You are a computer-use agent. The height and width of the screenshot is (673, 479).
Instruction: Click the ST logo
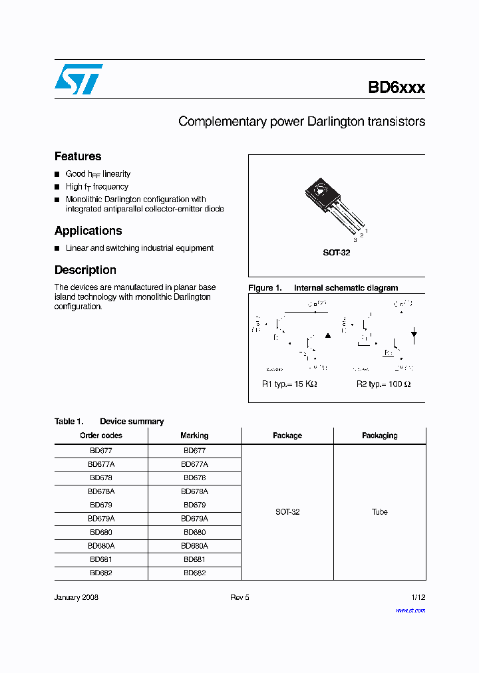[x=79, y=79]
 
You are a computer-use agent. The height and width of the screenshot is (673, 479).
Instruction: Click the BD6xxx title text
[x=397, y=88]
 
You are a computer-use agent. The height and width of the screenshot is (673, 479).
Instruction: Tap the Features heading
[x=78, y=156]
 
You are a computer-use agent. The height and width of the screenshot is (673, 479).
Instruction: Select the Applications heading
[x=88, y=231]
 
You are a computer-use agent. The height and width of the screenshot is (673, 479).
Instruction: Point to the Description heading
[x=85, y=270]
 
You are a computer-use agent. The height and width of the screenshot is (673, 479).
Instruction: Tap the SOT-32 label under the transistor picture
[x=337, y=253]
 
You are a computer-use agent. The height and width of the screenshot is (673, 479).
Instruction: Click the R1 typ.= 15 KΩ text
[x=289, y=384]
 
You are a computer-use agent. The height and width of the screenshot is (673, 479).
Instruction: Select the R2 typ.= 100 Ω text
[x=383, y=384]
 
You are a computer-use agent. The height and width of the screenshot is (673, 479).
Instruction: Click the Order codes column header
[x=101, y=436]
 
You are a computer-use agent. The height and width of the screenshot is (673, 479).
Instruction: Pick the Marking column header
[x=194, y=436]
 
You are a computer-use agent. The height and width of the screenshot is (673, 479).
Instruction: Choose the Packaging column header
[x=379, y=436]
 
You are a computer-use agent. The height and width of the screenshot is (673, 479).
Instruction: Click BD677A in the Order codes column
[x=101, y=464]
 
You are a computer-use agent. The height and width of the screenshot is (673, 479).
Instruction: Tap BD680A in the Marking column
[x=194, y=545]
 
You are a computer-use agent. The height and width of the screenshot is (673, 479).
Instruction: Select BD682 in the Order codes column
[x=101, y=573]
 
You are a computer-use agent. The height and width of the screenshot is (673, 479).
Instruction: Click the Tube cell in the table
[x=379, y=512]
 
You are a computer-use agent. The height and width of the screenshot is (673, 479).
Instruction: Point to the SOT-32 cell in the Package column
[x=287, y=512]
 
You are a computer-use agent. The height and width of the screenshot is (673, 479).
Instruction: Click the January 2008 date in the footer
[x=77, y=598]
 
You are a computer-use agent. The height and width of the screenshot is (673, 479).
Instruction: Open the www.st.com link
[x=410, y=610]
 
